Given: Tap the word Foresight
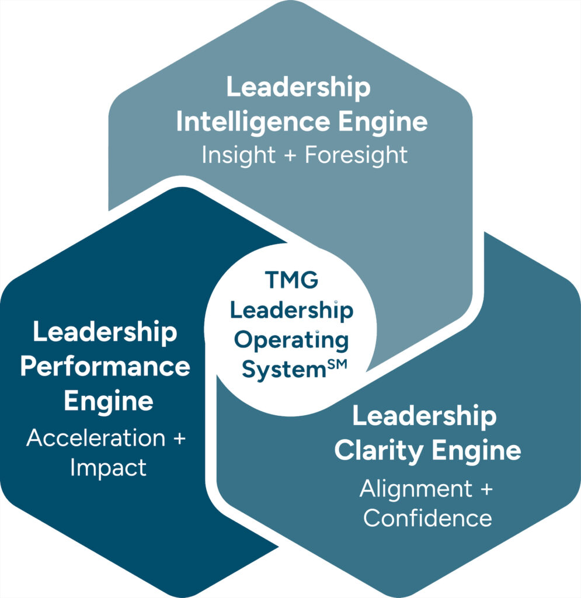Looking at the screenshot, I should coord(356,155).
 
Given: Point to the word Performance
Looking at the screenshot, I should coord(105,368).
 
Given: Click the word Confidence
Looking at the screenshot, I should coord(427,519).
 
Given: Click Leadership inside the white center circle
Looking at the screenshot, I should coord(291,311).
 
